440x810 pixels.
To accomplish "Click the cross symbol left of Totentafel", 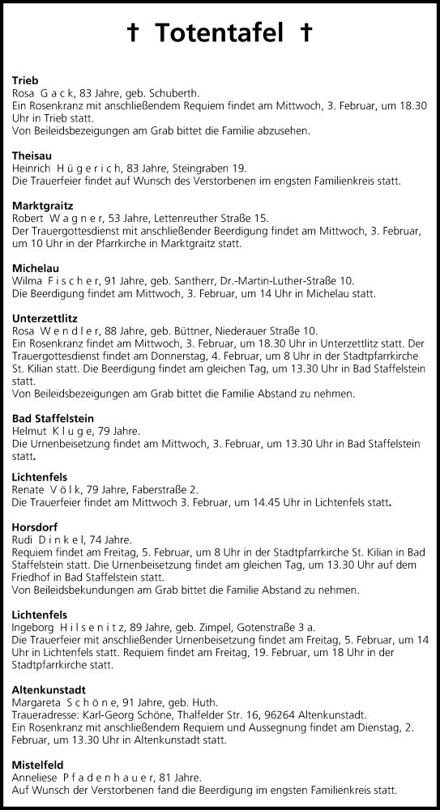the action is [135, 33].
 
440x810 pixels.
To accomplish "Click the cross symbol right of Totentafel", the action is [305, 33].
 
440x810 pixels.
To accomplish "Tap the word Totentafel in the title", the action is [220, 33].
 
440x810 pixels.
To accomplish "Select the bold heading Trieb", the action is [26, 79].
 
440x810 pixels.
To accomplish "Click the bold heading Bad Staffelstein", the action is [53, 418].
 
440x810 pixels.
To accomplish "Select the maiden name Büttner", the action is [190, 330].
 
